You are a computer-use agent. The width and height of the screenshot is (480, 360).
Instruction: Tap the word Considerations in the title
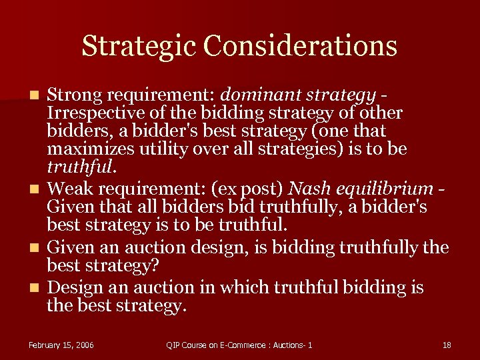(x=301, y=46)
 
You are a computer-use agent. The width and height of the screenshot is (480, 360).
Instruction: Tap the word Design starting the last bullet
(x=72, y=287)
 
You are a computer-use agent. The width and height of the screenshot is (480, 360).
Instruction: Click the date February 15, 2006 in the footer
(x=61, y=345)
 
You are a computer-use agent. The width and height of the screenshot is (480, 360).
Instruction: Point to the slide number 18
(x=447, y=345)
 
